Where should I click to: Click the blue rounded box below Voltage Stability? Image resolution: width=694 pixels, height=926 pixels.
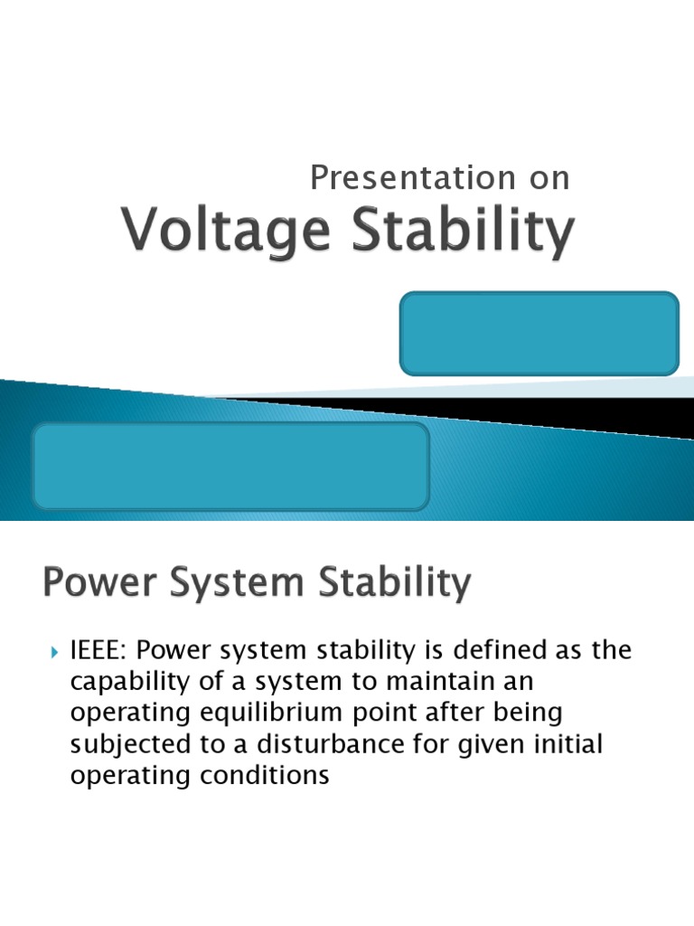[539, 333]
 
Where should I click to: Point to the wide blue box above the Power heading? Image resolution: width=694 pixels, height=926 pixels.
[230, 466]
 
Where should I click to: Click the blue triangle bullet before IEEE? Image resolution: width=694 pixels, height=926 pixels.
[52, 651]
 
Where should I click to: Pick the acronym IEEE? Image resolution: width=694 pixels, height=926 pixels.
[99, 651]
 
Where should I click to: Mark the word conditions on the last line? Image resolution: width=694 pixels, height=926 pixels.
[268, 775]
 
